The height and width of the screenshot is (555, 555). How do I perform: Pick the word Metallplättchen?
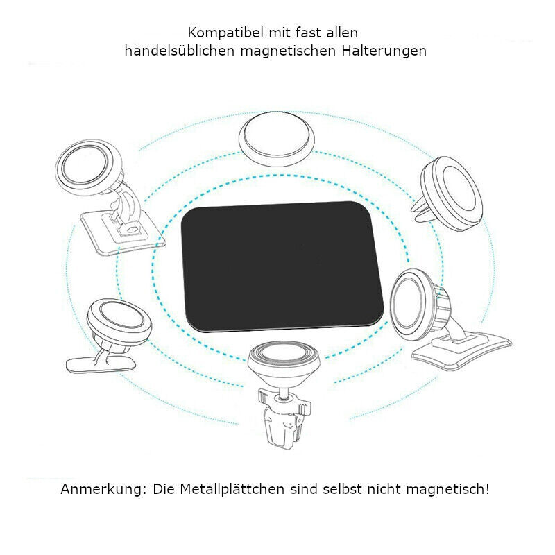pos(231,489)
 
